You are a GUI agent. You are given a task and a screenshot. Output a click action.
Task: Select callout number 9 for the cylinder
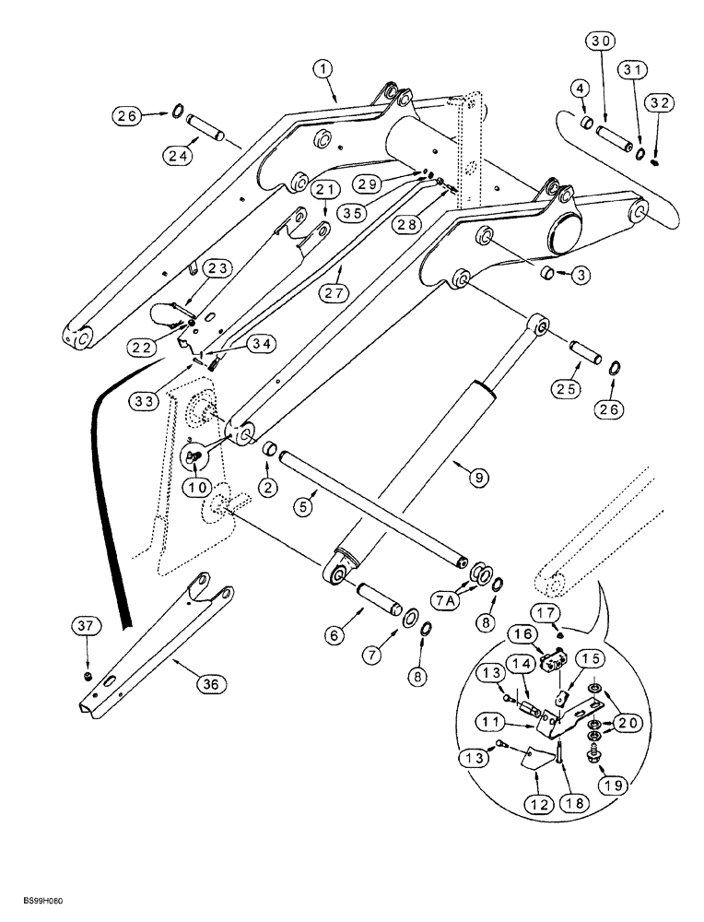[x=479, y=478]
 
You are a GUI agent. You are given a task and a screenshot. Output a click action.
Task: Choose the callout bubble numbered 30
[x=601, y=41]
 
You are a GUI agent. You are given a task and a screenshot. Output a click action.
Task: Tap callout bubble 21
[x=323, y=189]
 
